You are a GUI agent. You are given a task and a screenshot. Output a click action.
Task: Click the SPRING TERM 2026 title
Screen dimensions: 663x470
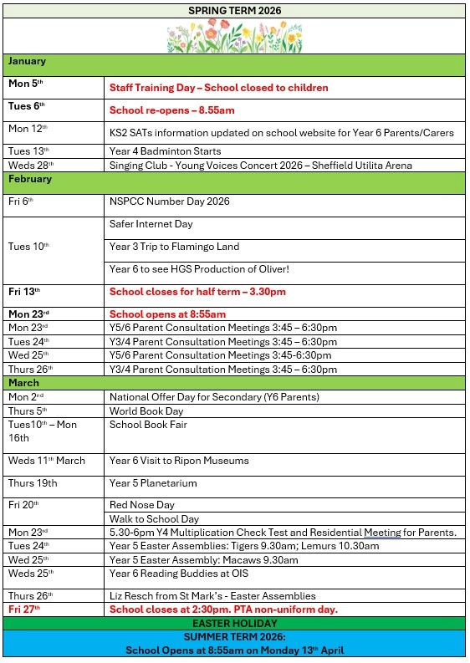[234, 11]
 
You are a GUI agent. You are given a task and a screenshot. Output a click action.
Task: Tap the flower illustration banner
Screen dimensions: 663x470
[234, 37]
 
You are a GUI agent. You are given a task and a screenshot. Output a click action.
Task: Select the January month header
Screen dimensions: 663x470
[28, 62]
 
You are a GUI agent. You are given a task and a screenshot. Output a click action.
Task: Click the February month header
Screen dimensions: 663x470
[30, 179]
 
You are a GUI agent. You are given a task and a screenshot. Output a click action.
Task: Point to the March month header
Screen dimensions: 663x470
[24, 383]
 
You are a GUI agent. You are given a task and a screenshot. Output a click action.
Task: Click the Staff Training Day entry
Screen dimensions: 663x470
[218, 88]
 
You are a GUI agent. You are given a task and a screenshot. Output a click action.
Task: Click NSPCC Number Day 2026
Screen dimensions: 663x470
[169, 201]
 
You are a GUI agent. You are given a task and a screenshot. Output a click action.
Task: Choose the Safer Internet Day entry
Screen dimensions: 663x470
[151, 224]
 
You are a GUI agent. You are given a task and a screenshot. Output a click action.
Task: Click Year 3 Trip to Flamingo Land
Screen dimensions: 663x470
[174, 247]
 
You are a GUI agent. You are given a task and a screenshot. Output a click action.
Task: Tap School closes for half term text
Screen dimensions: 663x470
[197, 292]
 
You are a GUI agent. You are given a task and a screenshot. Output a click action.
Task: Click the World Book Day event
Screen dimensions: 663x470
[146, 411]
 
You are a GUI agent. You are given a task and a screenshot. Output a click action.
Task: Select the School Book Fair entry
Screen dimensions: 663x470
[148, 425]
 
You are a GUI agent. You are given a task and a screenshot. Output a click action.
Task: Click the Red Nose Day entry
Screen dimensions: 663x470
[141, 505]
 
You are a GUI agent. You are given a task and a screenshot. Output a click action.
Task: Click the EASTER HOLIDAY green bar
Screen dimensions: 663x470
[234, 624]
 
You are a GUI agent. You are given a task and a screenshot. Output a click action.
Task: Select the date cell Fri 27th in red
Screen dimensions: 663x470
[24, 609]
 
